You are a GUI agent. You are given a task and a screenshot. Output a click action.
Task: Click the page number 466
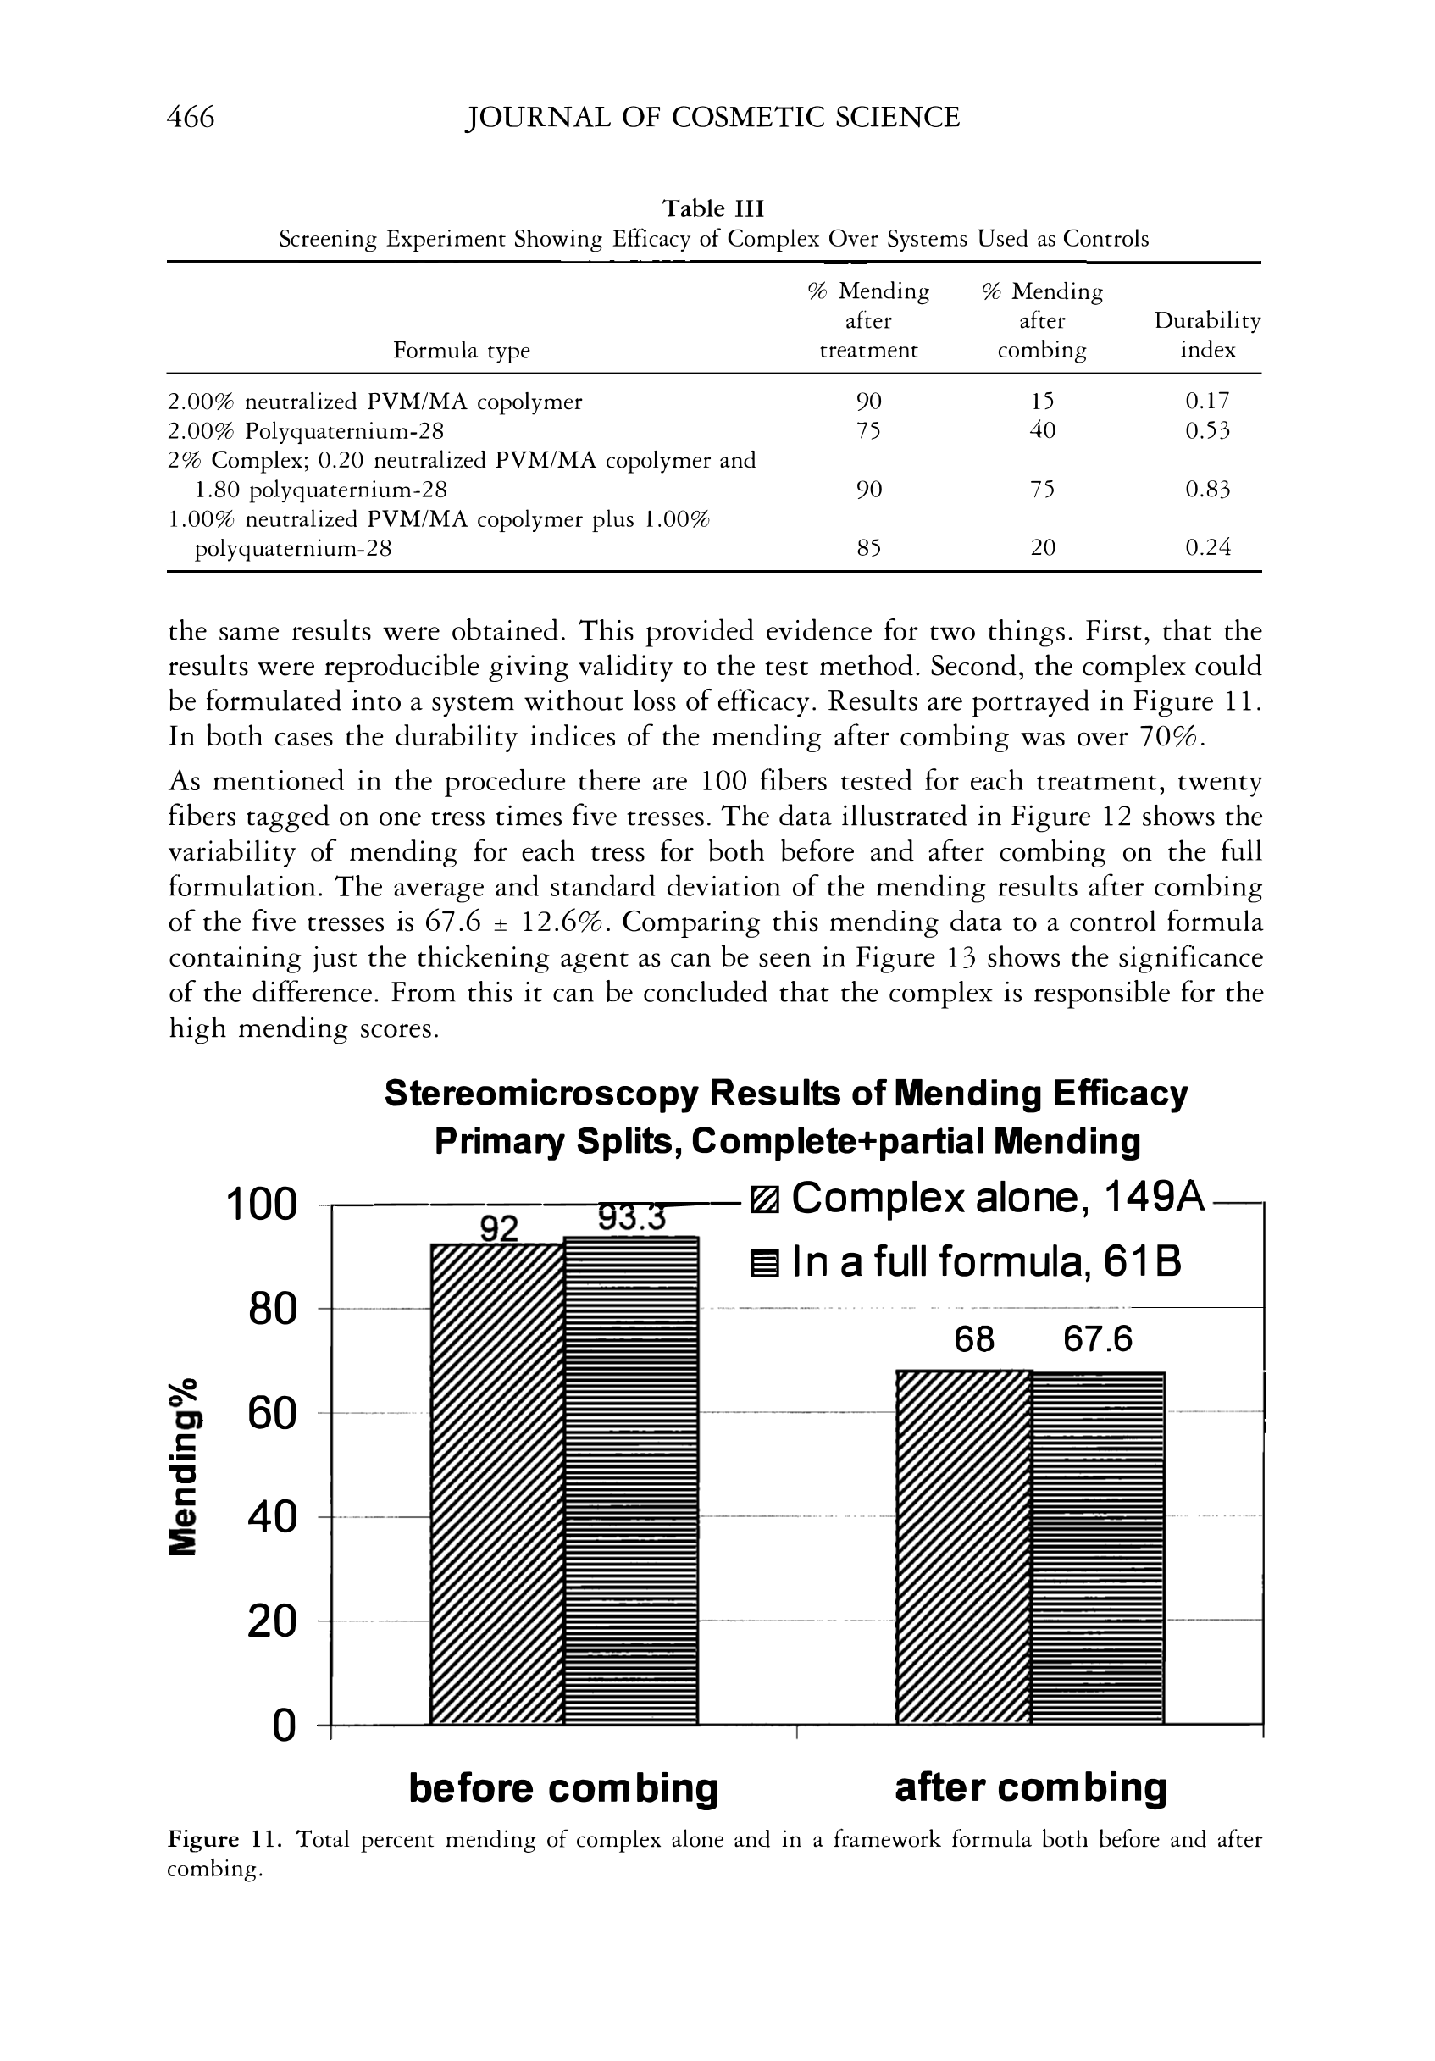[191, 118]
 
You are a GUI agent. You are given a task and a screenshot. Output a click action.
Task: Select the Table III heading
[712, 208]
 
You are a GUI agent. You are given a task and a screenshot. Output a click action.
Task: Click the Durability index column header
[1207, 335]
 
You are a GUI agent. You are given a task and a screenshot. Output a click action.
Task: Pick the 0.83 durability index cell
[1207, 490]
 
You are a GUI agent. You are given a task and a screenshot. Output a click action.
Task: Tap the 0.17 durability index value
[1207, 402]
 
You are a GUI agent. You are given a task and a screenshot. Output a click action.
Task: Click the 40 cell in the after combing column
[1042, 431]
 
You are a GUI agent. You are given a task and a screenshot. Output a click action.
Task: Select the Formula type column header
[462, 350]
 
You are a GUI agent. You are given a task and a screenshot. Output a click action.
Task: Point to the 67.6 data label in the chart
[1098, 1340]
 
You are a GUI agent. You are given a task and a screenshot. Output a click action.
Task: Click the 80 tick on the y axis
[272, 1310]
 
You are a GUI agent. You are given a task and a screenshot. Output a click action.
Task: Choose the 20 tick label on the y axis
[272, 1621]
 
